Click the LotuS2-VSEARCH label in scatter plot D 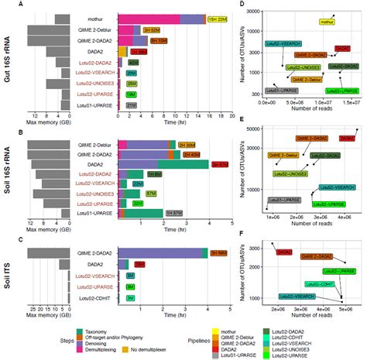click(283, 45)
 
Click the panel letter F click(244, 233)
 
